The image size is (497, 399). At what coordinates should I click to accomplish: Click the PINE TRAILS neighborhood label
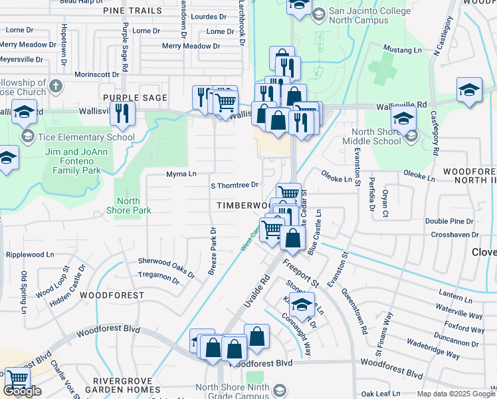(x=132, y=11)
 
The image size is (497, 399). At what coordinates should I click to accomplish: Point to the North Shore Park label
(x=129, y=205)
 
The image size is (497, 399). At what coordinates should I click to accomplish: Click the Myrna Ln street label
(x=181, y=174)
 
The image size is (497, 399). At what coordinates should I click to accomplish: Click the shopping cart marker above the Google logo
(x=17, y=378)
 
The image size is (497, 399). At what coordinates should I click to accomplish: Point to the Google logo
(x=21, y=391)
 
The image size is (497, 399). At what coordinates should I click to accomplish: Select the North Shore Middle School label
(x=371, y=136)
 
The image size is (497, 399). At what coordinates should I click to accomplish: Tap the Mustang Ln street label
(x=403, y=50)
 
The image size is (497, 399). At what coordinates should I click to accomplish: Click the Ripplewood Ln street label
(x=30, y=255)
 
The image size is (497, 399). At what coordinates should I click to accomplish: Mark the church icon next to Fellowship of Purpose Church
(x=56, y=86)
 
